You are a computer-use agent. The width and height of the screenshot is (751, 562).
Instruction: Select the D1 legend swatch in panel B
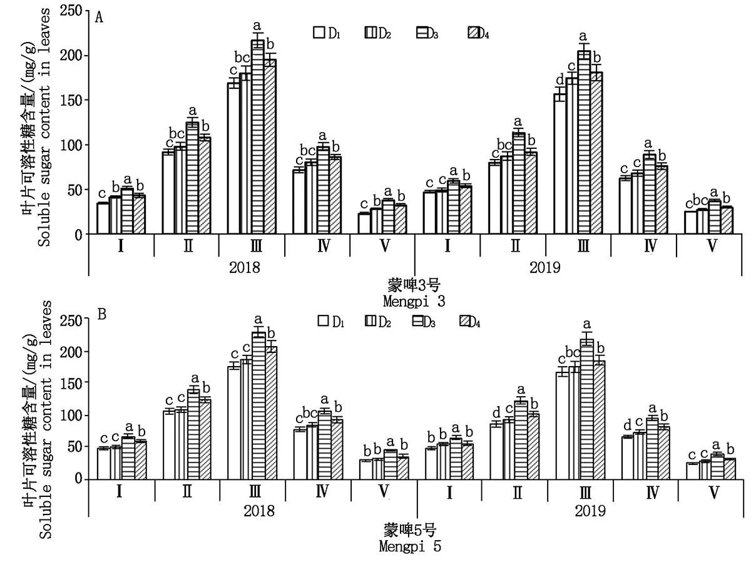pos(324,321)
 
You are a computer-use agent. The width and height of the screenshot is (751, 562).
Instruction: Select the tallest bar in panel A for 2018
pos(257,137)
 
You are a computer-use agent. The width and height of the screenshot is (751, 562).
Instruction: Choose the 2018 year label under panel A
pos(245,268)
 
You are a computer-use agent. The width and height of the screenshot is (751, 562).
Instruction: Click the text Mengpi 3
pos(414,302)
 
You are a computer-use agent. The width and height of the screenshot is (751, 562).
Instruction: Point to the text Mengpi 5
pos(411,546)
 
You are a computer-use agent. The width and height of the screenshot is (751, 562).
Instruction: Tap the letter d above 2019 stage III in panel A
pos(560,81)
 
